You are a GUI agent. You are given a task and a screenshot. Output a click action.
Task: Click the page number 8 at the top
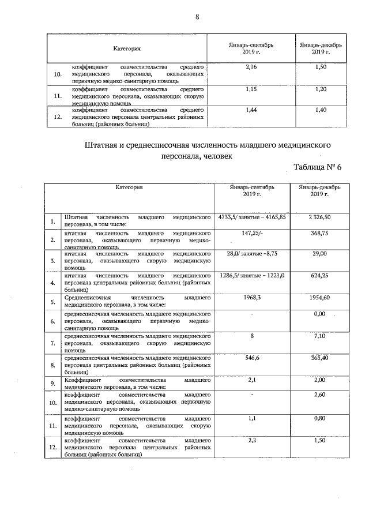click(x=197, y=17)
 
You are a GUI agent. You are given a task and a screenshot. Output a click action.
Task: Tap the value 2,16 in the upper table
click(x=251, y=68)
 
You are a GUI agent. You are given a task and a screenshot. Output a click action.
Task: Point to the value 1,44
click(x=251, y=110)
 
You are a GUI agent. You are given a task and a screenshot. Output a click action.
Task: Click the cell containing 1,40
click(x=321, y=110)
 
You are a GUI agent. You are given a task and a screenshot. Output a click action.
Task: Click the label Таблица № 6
click(x=318, y=167)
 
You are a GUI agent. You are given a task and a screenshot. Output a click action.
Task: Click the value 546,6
click(x=252, y=358)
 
